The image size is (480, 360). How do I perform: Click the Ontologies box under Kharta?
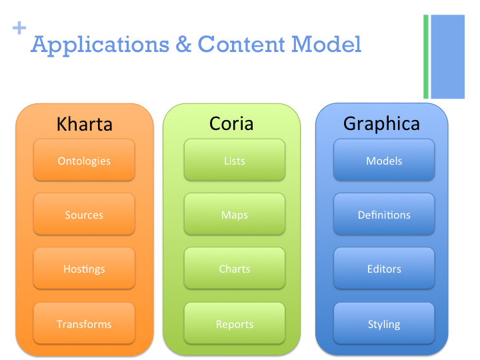click(x=84, y=161)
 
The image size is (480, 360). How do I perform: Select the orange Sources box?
click(x=84, y=215)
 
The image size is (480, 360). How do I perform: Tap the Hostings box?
click(x=84, y=269)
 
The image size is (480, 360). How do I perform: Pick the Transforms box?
click(x=84, y=324)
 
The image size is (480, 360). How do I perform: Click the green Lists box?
click(x=235, y=161)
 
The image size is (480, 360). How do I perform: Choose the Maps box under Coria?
click(x=235, y=215)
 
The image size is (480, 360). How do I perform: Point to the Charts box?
click(x=235, y=269)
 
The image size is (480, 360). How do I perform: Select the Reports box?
click(x=235, y=324)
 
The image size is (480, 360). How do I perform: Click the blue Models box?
click(x=384, y=161)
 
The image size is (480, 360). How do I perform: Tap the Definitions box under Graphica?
click(x=384, y=215)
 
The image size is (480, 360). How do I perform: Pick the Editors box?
click(x=384, y=269)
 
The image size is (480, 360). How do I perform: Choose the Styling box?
click(x=384, y=324)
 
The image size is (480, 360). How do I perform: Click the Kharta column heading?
click(x=85, y=124)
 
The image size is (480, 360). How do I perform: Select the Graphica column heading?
click(x=382, y=124)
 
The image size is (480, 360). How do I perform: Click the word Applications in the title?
click(x=100, y=45)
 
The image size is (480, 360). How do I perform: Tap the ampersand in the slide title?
click(x=183, y=45)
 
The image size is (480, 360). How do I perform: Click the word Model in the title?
click(x=326, y=45)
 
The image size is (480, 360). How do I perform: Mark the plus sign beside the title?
click(x=19, y=28)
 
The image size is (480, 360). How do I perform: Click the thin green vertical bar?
click(x=426, y=57)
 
